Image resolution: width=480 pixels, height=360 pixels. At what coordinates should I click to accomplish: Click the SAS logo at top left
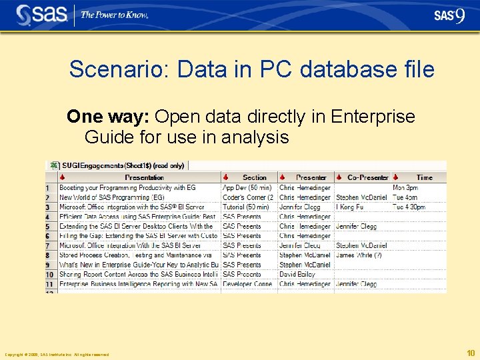coord(41,15)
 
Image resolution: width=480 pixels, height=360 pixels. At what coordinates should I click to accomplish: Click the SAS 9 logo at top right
coord(449,16)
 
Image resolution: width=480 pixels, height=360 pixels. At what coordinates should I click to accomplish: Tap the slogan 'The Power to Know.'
coord(114,15)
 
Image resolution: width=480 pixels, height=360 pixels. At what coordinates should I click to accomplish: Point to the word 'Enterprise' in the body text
coord(377,117)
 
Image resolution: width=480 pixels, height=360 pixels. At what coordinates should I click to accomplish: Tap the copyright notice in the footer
coord(56,355)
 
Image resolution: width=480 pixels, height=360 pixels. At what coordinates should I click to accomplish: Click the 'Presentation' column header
coord(144,177)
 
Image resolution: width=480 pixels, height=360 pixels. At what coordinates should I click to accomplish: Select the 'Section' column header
coord(254,177)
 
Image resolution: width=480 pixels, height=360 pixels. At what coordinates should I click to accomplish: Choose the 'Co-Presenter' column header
coord(367,177)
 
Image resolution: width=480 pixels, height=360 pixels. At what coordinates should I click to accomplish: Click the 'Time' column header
coord(424,177)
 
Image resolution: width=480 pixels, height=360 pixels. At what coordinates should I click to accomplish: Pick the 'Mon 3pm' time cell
coord(405,188)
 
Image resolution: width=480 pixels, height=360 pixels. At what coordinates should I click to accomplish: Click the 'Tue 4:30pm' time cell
coord(409,207)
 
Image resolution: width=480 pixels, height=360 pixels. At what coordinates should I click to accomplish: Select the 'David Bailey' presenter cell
coord(297,274)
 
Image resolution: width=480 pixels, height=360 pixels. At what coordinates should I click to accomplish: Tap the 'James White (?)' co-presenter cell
coord(359,255)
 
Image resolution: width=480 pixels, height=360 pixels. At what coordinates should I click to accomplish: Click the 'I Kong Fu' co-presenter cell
coord(350,207)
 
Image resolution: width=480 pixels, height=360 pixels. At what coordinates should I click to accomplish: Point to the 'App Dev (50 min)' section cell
coord(247,188)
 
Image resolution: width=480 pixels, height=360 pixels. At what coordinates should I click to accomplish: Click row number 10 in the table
coord(49,275)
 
